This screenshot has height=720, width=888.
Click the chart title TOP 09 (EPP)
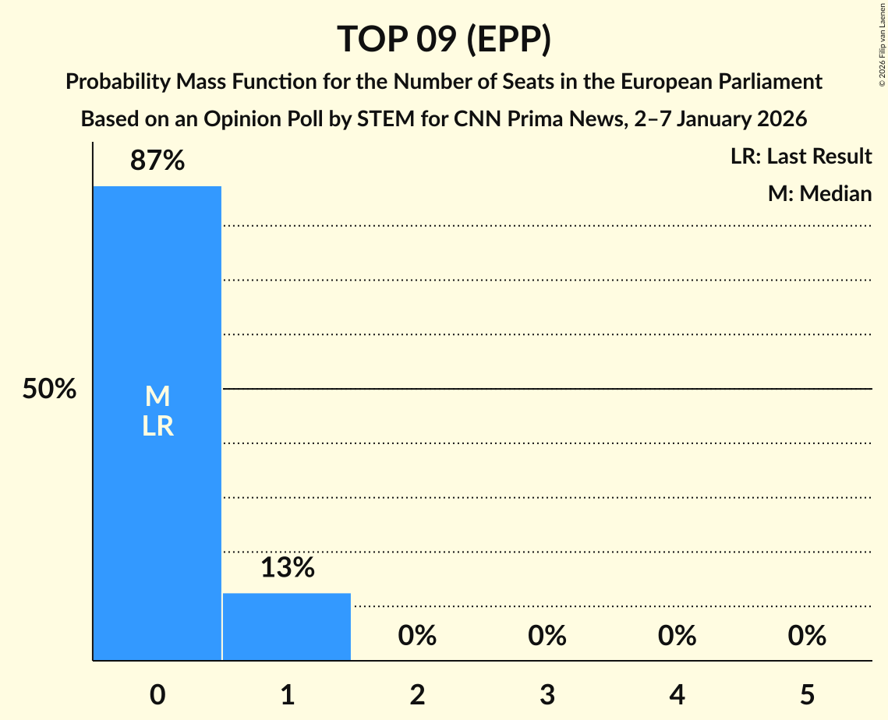(444, 39)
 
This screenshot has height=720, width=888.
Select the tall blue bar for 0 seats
(157, 506)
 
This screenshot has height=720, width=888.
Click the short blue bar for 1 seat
(287, 626)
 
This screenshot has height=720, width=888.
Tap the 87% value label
(157, 161)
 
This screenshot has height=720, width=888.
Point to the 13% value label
(287, 568)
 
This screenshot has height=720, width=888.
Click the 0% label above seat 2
(417, 636)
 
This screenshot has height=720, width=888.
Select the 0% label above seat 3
(547, 636)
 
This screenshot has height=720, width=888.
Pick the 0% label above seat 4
(677, 636)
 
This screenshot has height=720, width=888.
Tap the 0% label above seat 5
(807, 636)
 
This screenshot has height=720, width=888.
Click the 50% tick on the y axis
(49, 389)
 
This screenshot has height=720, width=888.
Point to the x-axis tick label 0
(157, 695)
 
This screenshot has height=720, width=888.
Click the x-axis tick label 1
(287, 695)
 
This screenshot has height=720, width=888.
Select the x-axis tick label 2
(417, 695)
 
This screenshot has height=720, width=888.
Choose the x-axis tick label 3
(547, 695)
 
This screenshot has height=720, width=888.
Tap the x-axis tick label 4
(677, 695)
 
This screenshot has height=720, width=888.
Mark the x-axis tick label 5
(807, 695)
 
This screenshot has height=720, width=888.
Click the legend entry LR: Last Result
(801, 157)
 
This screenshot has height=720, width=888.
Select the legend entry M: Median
(819, 193)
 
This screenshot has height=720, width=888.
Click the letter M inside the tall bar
(157, 397)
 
